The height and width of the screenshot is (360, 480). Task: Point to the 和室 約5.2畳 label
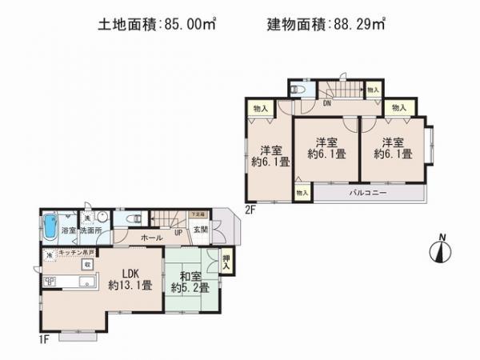tap(189, 282)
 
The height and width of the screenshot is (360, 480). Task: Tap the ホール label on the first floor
tap(152, 238)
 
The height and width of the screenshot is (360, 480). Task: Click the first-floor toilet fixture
tap(133, 217)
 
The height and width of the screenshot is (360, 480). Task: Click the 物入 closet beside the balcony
tap(301, 193)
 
